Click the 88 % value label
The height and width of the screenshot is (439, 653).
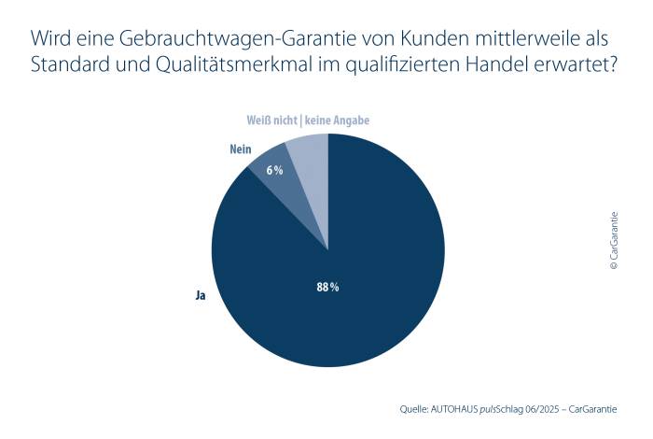[327, 288]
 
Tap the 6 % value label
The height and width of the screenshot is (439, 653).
[274, 170]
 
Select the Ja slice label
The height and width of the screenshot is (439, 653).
[200, 295]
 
